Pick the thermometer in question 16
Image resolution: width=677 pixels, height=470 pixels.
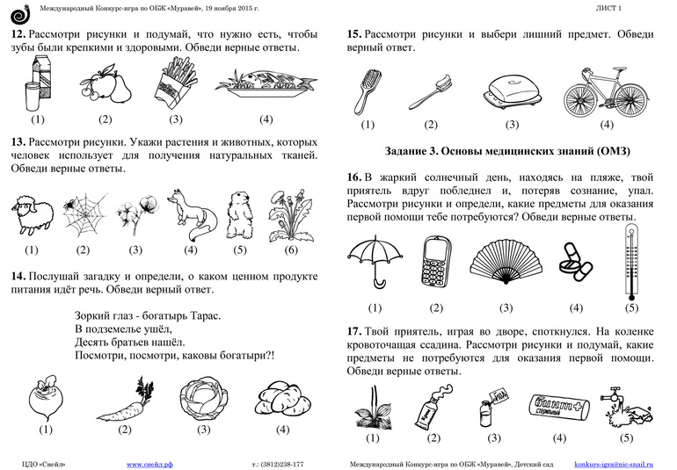(630, 261)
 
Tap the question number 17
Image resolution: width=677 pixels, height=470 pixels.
(354, 331)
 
